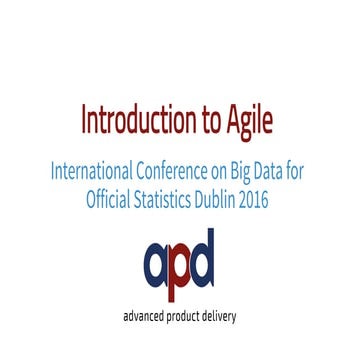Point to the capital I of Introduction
pos(85,121)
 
